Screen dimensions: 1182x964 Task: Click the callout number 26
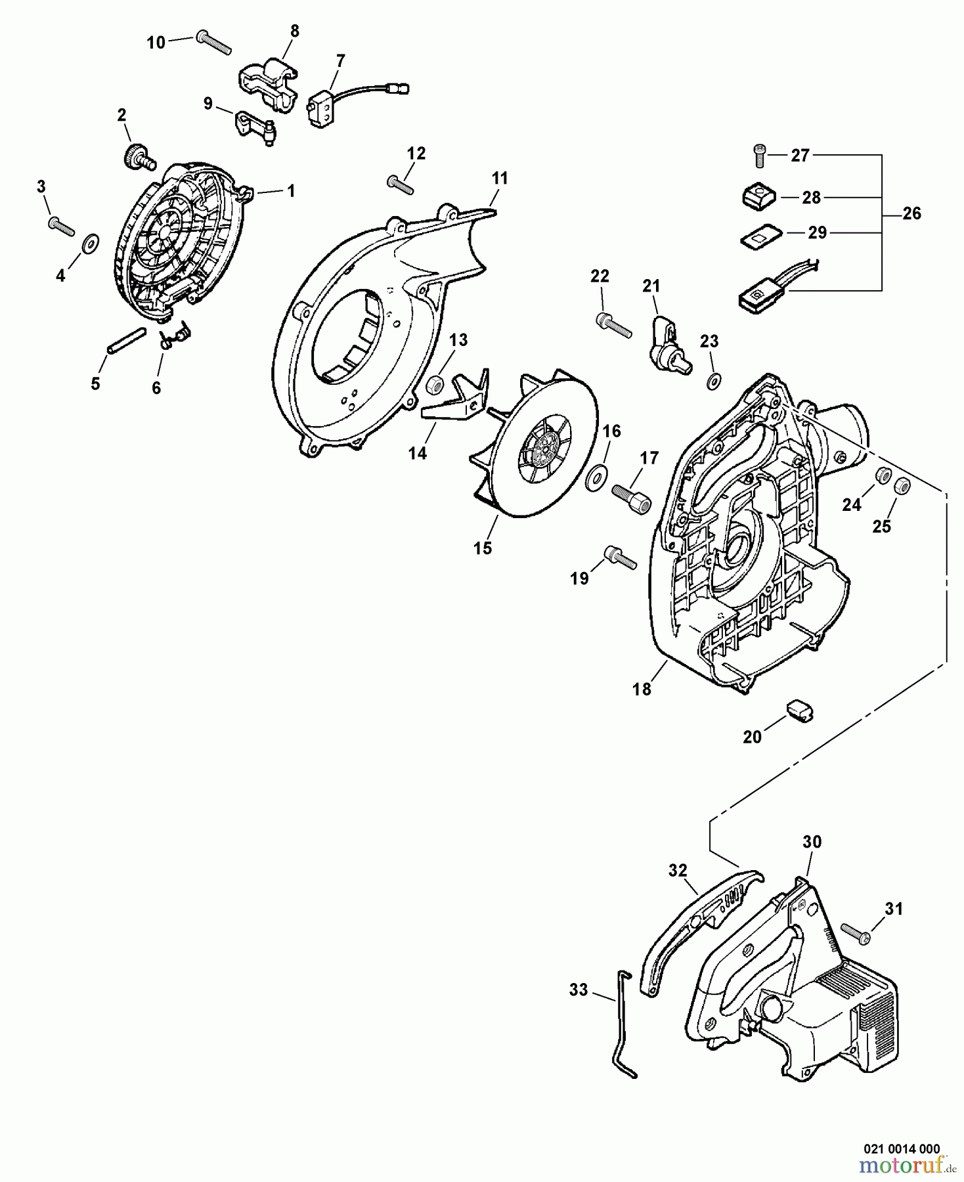pos(911,213)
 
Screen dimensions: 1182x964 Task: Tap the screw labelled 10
pos(213,41)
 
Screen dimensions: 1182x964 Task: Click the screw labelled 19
pos(619,557)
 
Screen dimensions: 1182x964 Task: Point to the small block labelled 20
pos(798,710)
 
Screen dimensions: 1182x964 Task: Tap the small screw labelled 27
pos(759,156)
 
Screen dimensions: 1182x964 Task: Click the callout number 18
pos(642,689)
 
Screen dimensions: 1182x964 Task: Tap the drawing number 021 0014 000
pos(901,1149)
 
